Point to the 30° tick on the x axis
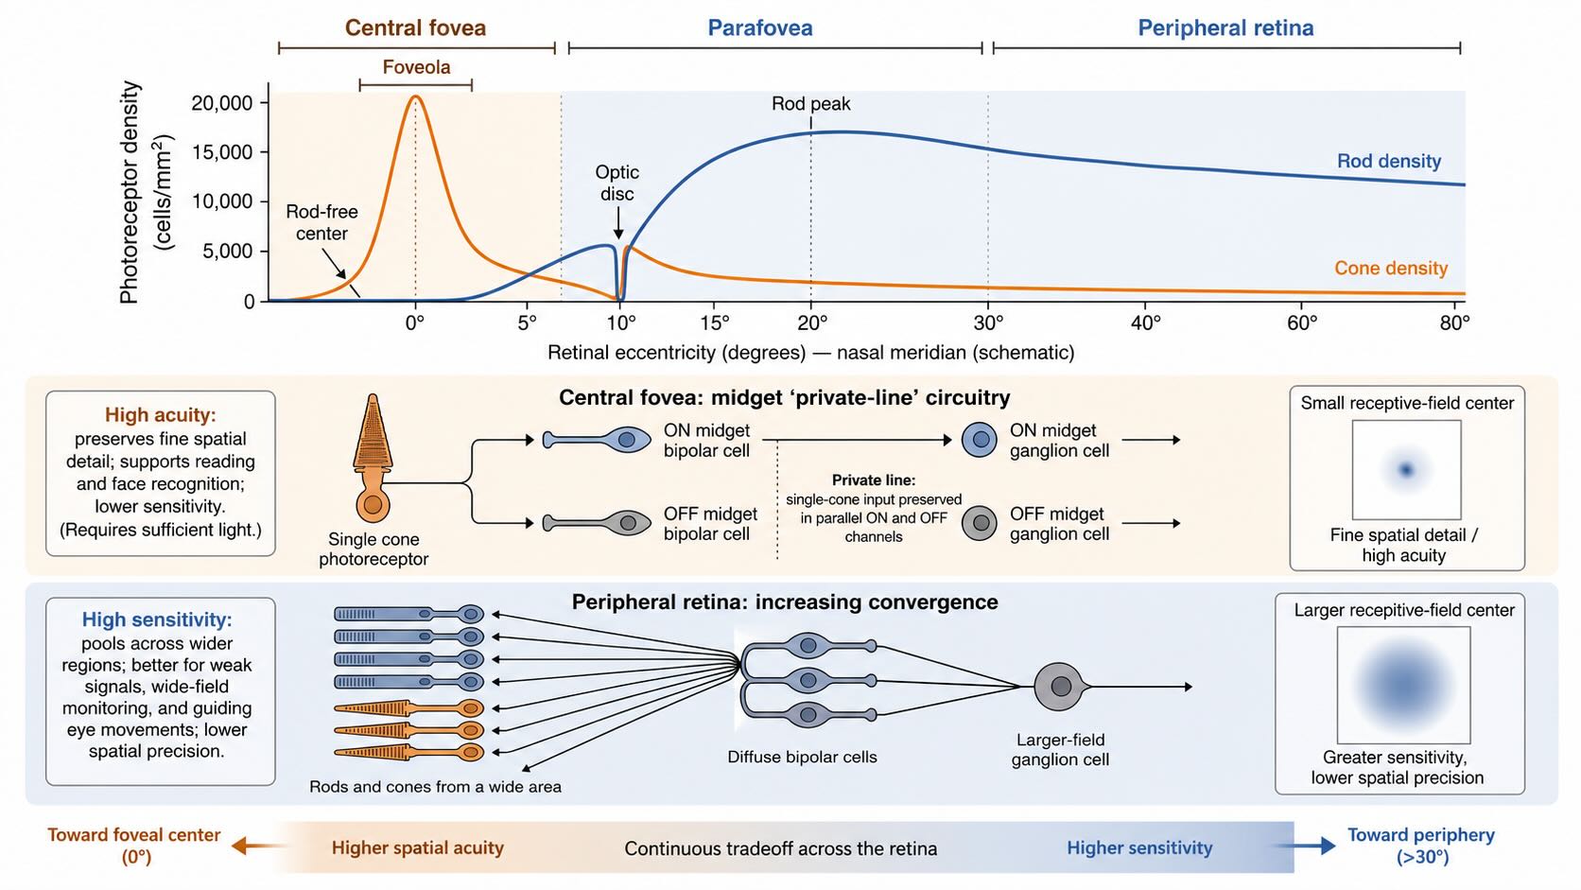click(988, 305)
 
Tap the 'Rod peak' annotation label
click(811, 104)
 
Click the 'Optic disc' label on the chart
click(617, 183)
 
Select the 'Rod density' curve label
click(1389, 161)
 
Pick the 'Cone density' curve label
click(1391, 269)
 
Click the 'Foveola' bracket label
click(416, 67)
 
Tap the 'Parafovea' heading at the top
click(760, 27)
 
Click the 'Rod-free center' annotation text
click(321, 222)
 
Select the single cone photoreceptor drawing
click(373, 458)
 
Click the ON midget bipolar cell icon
click(597, 440)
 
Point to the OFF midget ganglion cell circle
click(980, 523)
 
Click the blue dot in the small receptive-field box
click(1407, 469)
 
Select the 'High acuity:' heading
click(161, 415)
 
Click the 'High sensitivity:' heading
click(157, 620)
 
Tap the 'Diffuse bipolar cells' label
click(803, 757)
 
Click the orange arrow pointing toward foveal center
click(260, 846)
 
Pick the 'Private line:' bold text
click(874, 480)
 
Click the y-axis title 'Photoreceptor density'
click(130, 192)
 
